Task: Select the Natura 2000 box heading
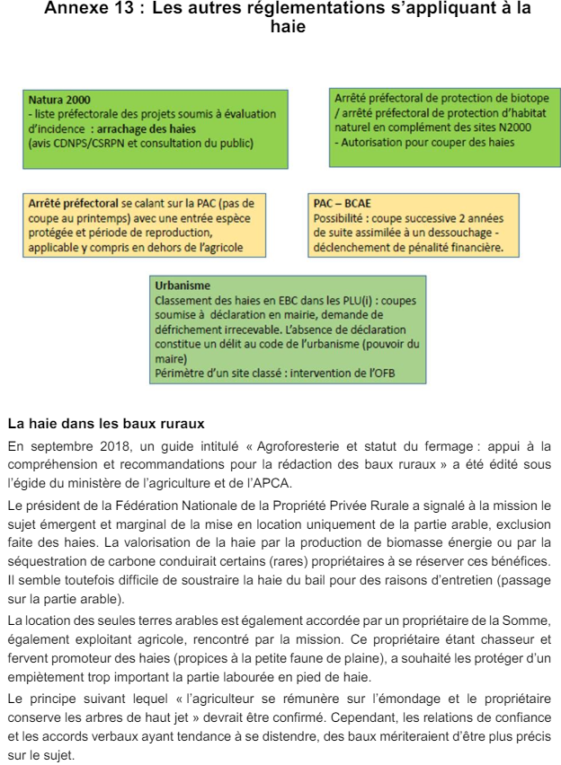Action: (x=59, y=100)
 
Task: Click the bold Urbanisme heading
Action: (x=183, y=286)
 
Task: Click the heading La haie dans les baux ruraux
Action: (x=106, y=422)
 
